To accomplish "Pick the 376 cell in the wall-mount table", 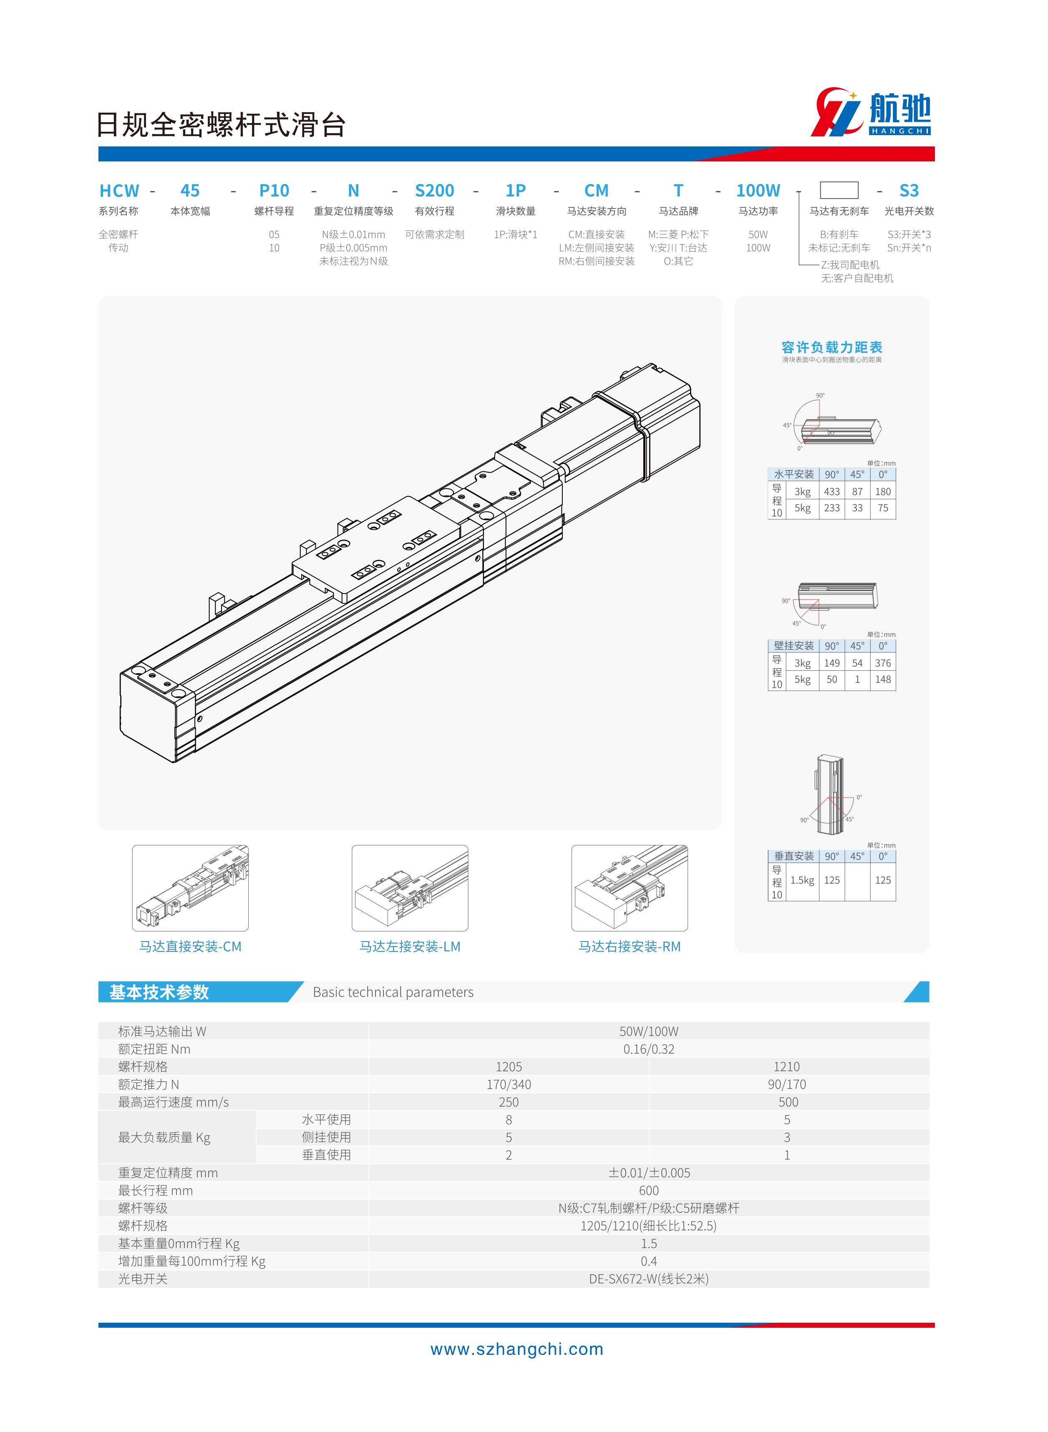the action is (883, 663).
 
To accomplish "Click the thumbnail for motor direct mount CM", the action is (190, 888).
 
